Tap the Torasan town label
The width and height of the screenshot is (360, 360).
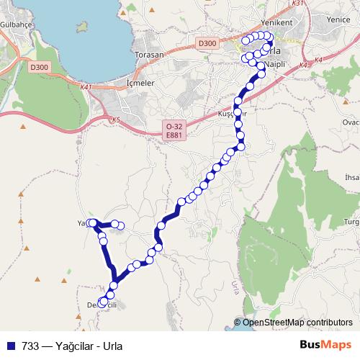click(150, 55)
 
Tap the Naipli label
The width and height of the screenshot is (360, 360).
click(276, 64)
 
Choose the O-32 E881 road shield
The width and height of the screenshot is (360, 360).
click(173, 130)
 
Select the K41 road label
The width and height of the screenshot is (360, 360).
click(87, 87)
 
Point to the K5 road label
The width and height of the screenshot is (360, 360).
click(115, 120)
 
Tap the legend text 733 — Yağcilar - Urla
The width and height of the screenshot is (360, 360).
click(72, 344)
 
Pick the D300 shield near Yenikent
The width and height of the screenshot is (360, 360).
click(207, 44)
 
